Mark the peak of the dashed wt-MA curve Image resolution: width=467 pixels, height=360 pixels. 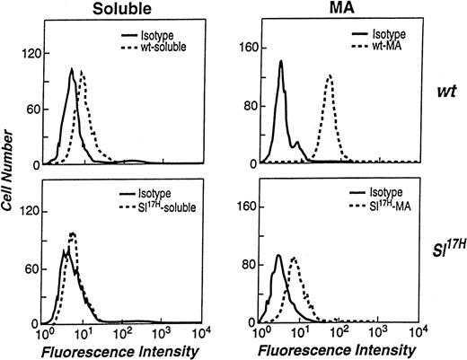coord(330,76)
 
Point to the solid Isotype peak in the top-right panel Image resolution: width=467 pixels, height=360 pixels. coord(280,62)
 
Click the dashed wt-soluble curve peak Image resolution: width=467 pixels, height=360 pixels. coord(83,71)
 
